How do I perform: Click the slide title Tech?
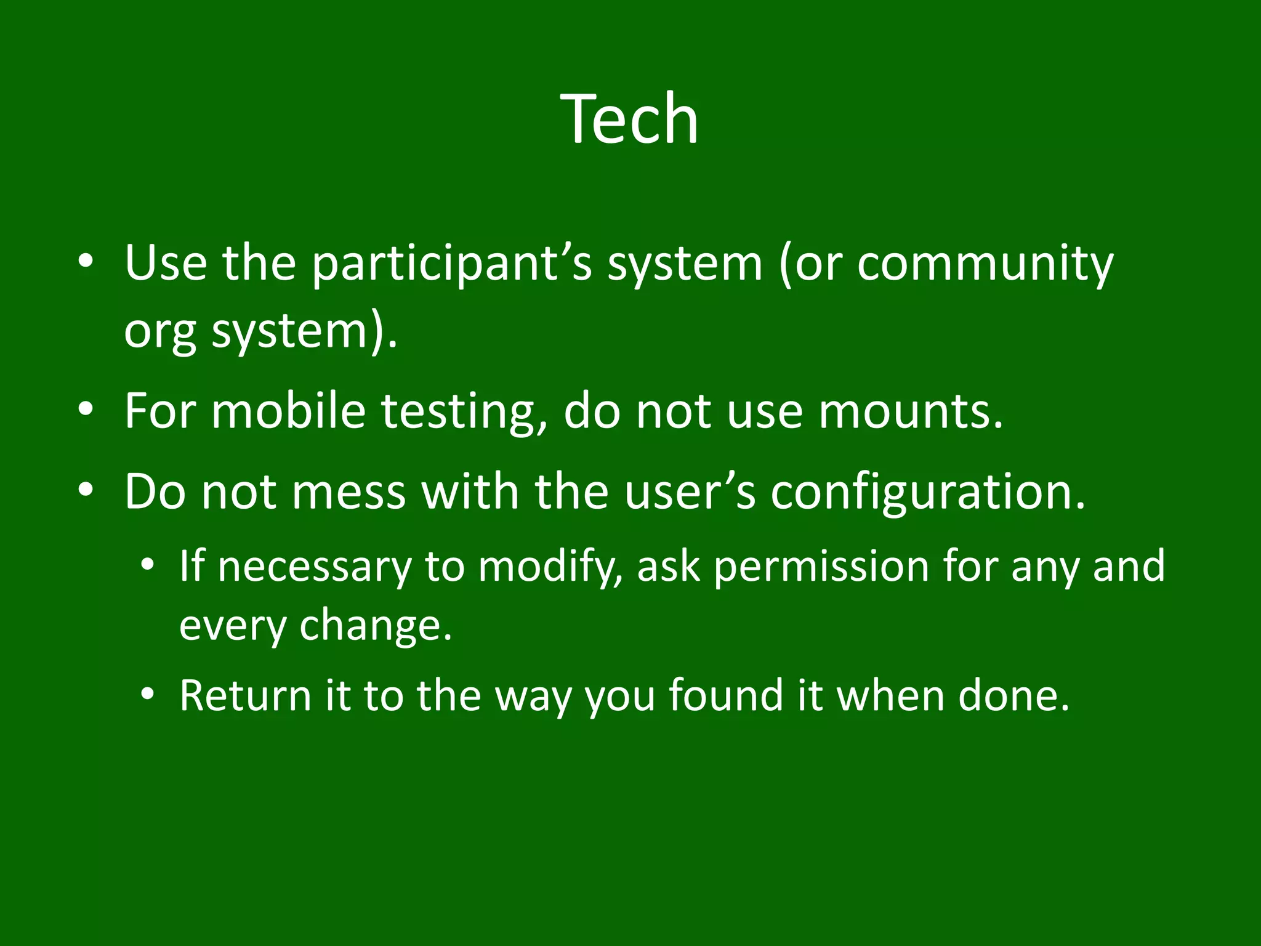pyautogui.click(x=630, y=118)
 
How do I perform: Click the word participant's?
pyautogui.click(x=451, y=264)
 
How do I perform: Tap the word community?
pyautogui.click(x=985, y=264)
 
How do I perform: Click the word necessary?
pyautogui.click(x=314, y=567)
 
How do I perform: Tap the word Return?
pyautogui.click(x=245, y=696)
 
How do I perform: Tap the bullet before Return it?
pyautogui.click(x=146, y=695)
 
